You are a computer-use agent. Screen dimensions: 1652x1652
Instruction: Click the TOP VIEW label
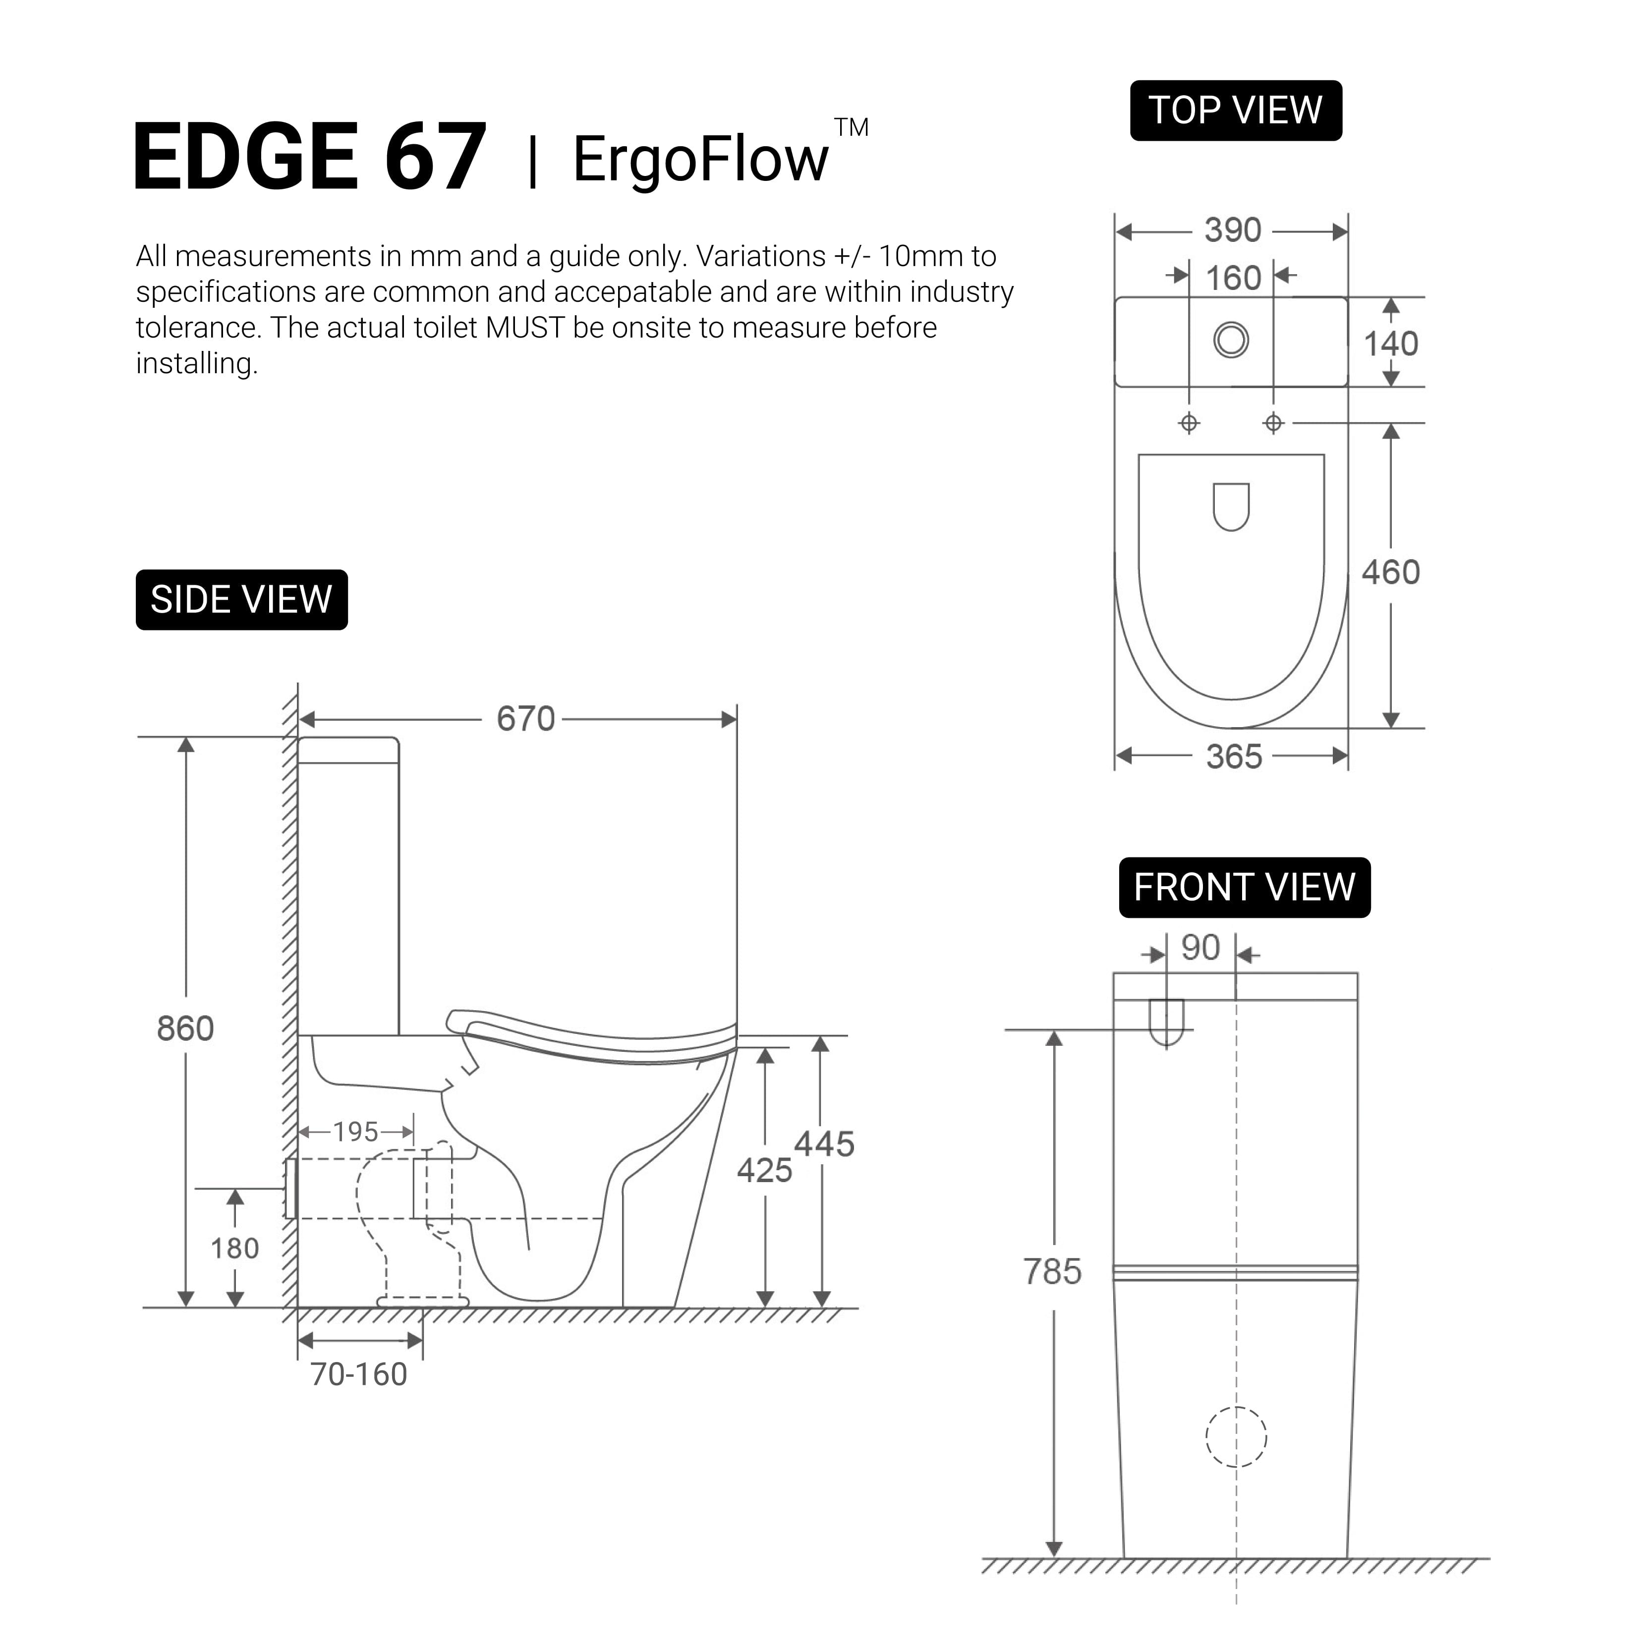[x=1236, y=111]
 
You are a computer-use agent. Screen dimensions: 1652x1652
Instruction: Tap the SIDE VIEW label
[x=241, y=599]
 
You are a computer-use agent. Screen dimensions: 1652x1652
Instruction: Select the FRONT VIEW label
[x=1244, y=888]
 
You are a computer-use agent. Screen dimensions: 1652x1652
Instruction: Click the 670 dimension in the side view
[x=526, y=719]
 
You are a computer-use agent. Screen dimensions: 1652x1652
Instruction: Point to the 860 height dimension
[x=185, y=1028]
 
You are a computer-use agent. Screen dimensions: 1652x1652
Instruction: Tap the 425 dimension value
[x=764, y=1171]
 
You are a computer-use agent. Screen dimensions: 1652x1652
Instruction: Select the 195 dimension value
[x=356, y=1132]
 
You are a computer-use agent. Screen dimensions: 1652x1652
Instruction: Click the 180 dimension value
[x=235, y=1249]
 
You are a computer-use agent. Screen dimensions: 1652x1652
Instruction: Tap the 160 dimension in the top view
[x=1233, y=279]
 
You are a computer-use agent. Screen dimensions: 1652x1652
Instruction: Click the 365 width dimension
[x=1234, y=757]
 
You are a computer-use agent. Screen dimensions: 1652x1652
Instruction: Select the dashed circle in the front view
[x=1237, y=1437]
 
